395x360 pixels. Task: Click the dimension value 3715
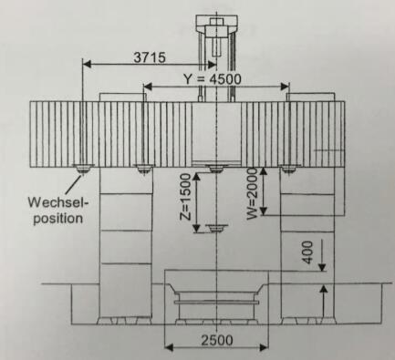(150, 57)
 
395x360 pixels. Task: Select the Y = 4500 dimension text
(212, 79)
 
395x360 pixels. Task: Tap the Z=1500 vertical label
(185, 197)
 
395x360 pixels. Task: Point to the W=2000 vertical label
(253, 193)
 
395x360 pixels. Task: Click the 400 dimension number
(308, 252)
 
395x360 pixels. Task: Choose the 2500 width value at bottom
(217, 340)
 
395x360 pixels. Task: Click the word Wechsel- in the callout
(57, 202)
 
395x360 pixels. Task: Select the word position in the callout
(57, 219)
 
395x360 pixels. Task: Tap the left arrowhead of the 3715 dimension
(88, 64)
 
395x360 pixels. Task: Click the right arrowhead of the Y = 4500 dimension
(285, 87)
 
